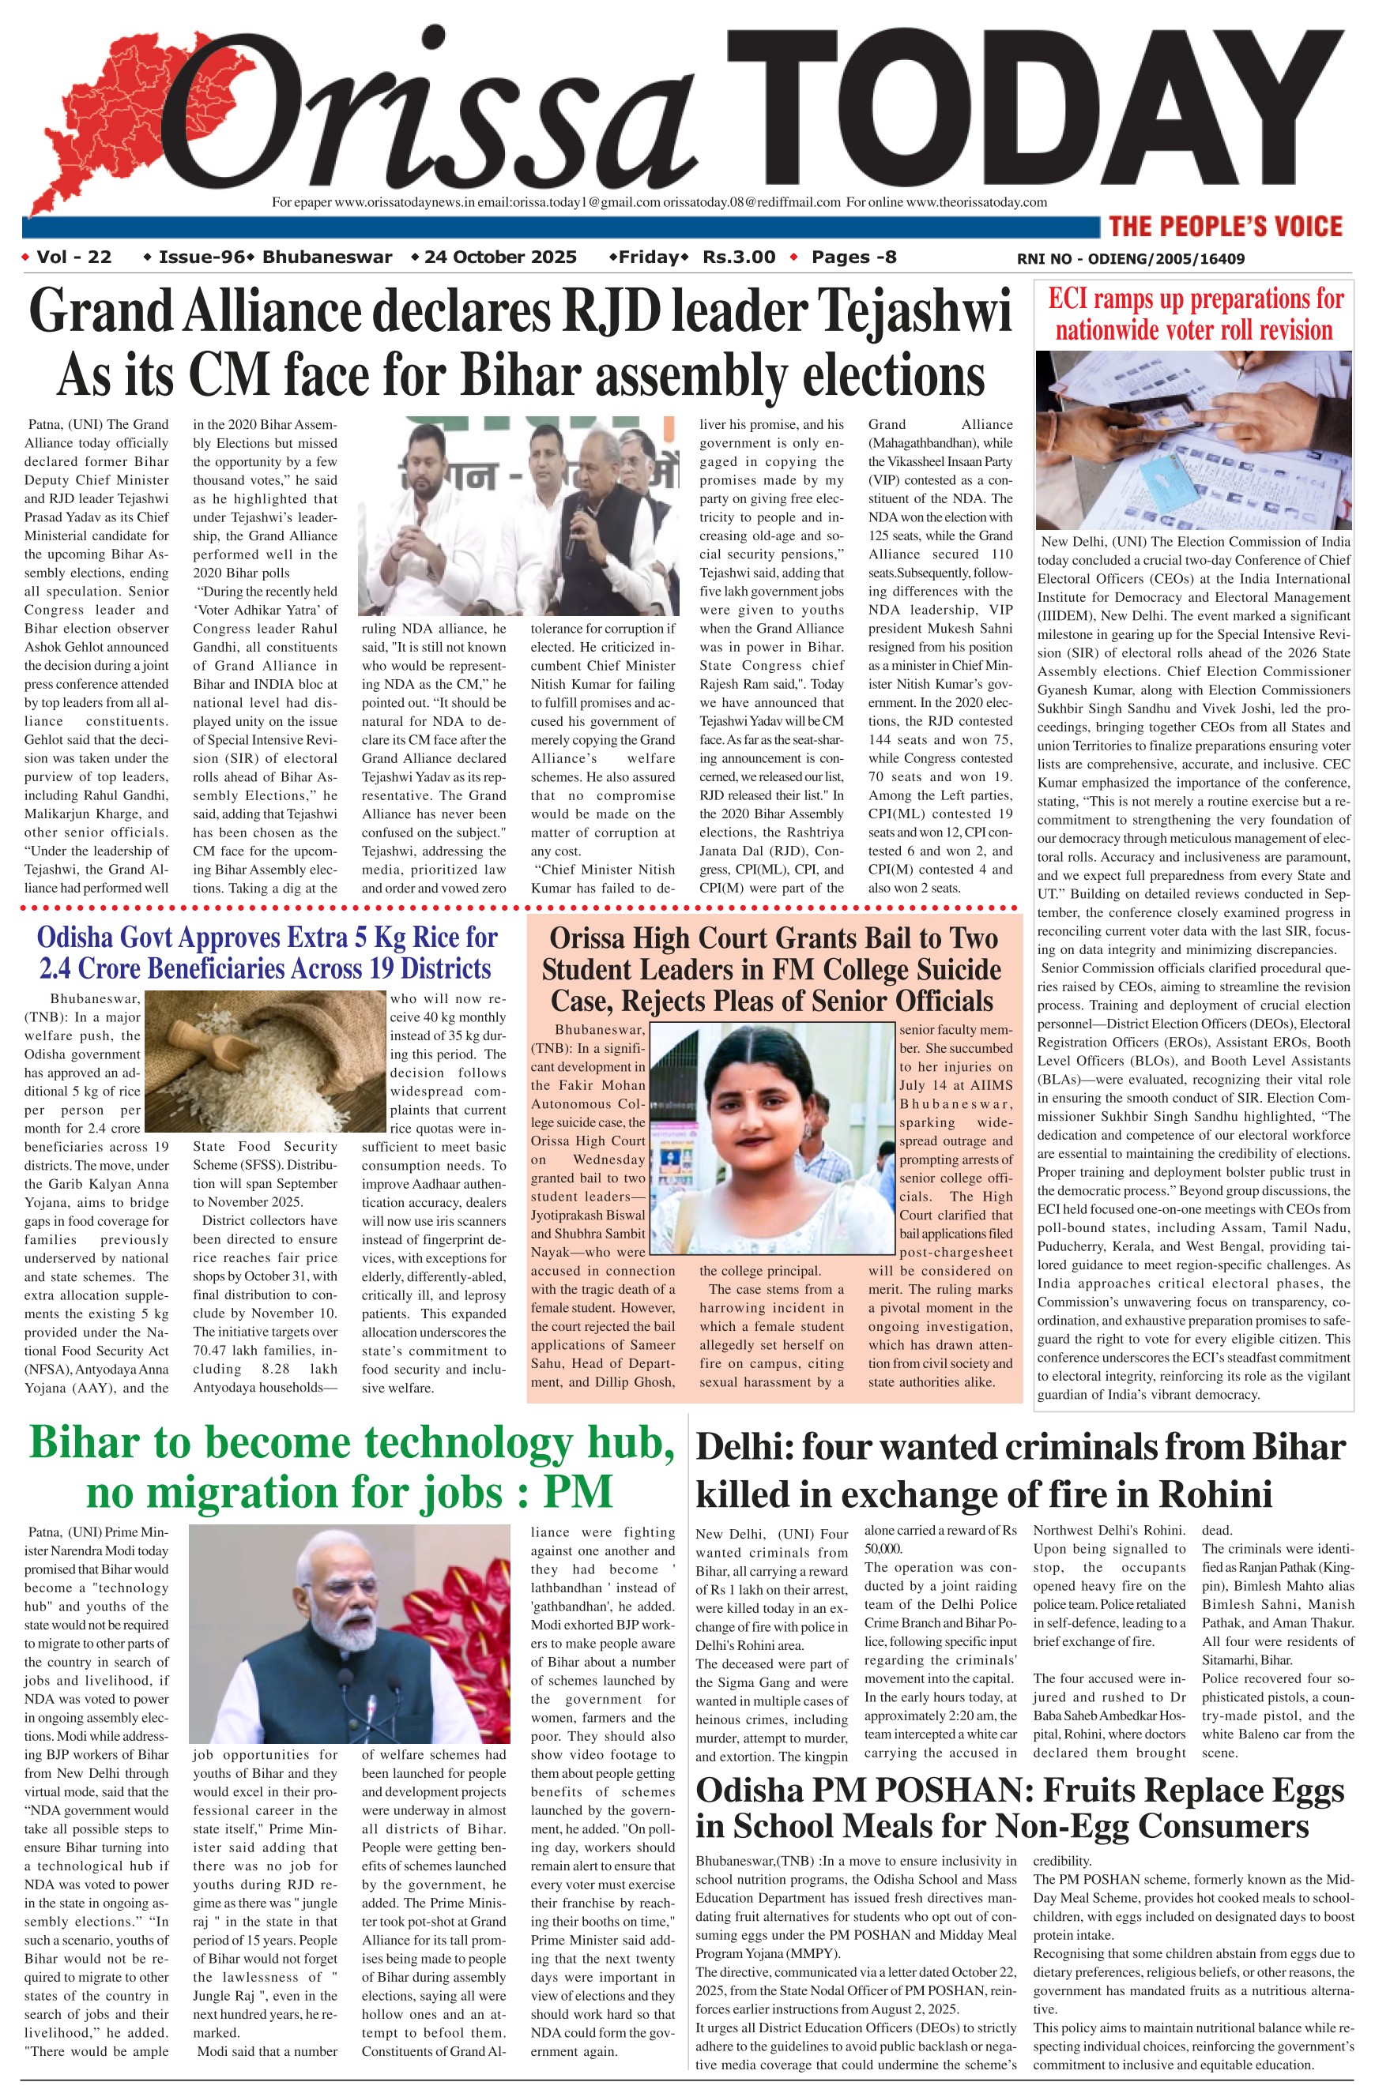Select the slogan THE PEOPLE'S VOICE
(1225, 227)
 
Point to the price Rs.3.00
(739, 257)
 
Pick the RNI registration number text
(1131, 259)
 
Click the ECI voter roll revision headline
(1194, 314)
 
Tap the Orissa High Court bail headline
(773, 969)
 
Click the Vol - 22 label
(74, 257)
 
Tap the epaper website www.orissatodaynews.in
(405, 201)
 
